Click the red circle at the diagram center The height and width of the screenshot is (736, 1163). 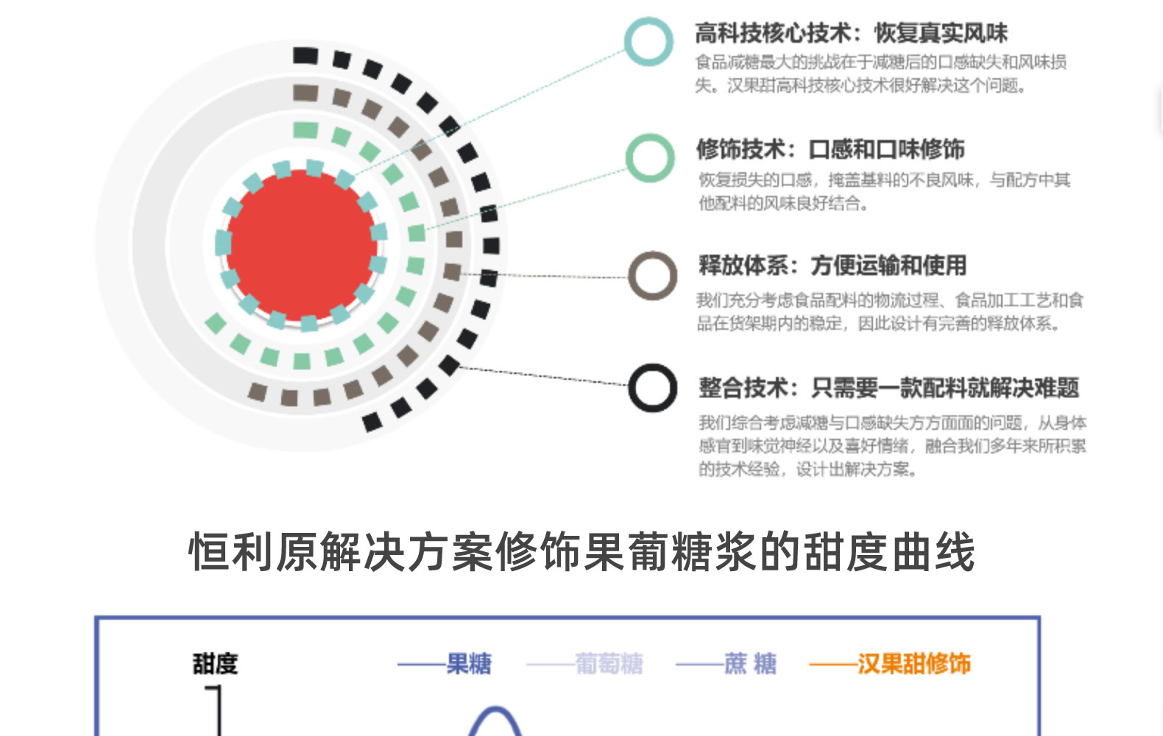coord(302,245)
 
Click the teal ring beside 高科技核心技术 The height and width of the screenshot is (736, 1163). coord(648,42)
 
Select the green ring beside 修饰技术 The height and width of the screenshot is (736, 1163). coord(650,158)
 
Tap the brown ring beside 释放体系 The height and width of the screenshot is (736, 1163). coord(652,276)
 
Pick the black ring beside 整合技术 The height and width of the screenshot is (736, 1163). coord(652,388)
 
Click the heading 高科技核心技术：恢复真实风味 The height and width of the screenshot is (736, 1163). coord(851,33)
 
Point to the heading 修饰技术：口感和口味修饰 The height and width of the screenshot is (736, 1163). coord(830,149)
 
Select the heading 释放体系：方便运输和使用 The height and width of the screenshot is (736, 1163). coord(833,266)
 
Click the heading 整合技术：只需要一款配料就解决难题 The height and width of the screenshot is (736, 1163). coord(888,388)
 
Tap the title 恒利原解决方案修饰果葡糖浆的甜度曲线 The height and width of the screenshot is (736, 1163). coord(581,552)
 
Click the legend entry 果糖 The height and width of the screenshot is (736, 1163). coord(469,664)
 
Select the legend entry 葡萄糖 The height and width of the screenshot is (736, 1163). coord(609,664)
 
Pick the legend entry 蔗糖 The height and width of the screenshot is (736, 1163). coord(749,664)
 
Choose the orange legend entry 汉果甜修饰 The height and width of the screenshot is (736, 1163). coord(913,664)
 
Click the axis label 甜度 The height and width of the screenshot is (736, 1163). coord(215,664)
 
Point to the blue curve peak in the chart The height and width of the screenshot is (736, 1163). coord(495,711)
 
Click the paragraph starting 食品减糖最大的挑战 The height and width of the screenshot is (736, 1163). coord(880,74)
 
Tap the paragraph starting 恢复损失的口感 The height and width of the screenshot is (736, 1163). coord(883,191)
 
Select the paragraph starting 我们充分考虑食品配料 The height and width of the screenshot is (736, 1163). coord(889,311)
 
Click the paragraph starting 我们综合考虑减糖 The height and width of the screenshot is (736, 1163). coord(891,445)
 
